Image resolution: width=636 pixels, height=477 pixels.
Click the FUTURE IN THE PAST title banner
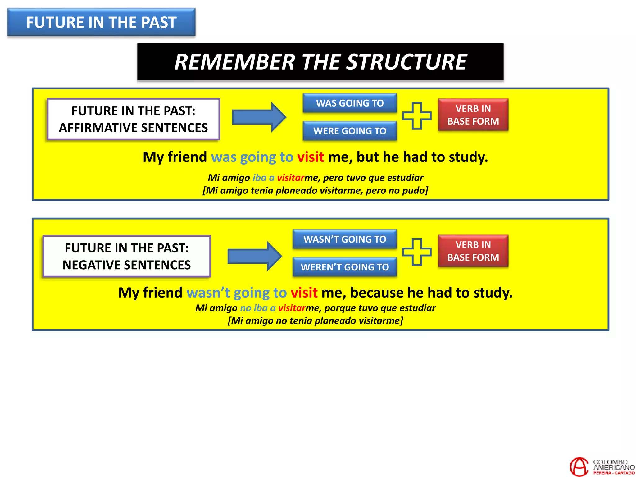(101, 22)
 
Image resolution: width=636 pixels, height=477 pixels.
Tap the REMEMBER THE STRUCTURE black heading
(320, 61)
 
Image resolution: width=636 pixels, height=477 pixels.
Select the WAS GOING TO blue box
(350, 103)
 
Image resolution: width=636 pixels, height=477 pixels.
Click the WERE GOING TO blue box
(350, 131)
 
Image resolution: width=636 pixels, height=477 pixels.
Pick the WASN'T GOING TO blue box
(345, 239)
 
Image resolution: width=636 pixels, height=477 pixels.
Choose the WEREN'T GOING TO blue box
(345, 267)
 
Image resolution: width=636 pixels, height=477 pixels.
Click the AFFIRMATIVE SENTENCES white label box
(133, 119)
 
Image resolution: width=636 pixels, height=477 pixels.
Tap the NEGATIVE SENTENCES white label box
(127, 256)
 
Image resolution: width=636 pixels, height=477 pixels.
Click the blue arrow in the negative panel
(254, 256)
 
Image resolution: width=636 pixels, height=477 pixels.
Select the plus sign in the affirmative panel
(417, 116)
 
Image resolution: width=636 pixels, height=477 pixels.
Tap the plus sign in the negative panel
(417, 252)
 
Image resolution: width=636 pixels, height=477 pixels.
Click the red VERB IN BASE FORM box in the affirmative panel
(473, 115)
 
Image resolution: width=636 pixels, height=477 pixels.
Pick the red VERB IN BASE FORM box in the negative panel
(473, 251)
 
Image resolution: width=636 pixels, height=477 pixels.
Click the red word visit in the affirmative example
(311, 157)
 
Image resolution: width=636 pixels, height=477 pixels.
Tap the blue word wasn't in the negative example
(208, 293)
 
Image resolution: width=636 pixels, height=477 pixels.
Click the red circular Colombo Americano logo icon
(579, 467)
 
